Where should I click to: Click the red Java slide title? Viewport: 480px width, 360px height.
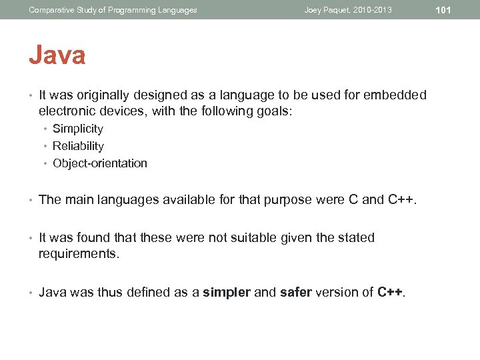point(57,55)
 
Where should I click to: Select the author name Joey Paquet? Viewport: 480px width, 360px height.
point(327,10)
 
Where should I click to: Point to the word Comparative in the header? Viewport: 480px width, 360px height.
point(50,10)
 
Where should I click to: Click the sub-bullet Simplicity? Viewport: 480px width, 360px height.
point(78,129)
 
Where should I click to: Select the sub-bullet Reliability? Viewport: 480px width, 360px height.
point(78,146)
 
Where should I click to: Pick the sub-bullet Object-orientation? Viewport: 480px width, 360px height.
point(100,163)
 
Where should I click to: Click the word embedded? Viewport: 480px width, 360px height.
point(395,95)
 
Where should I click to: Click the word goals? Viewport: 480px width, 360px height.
point(273,111)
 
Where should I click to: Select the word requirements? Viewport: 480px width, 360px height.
point(79,253)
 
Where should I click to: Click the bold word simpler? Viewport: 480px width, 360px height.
point(227,292)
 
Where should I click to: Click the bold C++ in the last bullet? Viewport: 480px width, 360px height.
point(391,292)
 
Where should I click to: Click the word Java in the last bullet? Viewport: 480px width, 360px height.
point(53,292)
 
